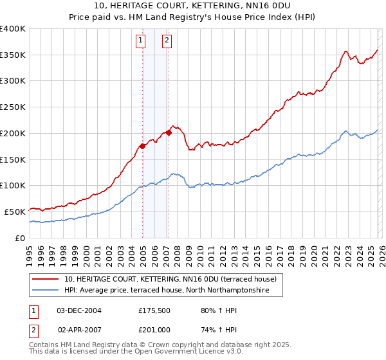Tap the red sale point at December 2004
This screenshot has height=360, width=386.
pyautogui.click(x=142, y=146)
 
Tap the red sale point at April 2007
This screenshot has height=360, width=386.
pyautogui.click(x=169, y=133)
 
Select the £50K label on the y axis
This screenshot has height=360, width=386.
pyautogui.click(x=14, y=212)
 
